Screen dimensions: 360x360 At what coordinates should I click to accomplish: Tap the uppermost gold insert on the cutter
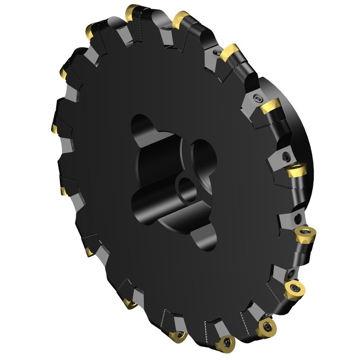133,10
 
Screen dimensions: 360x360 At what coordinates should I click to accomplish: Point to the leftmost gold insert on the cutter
55,127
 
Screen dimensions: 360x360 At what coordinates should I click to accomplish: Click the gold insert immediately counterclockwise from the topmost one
91,30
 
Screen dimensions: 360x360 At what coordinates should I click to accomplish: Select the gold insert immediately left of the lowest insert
178,336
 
